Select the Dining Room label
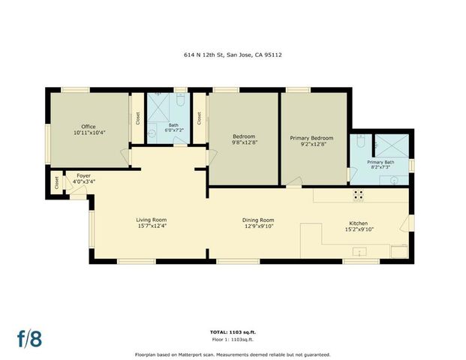(x=258, y=220)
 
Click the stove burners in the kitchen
(x=358, y=193)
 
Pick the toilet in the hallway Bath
(x=181, y=101)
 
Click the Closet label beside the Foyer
(x=57, y=182)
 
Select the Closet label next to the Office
(x=137, y=118)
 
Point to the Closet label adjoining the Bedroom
(x=199, y=118)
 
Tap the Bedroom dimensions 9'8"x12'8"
(x=244, y=142)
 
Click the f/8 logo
(x=29, y=337)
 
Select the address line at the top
(x=233, y=55)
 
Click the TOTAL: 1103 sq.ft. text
(x=233, y=331)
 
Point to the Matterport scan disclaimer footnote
(x=233, y=354)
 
